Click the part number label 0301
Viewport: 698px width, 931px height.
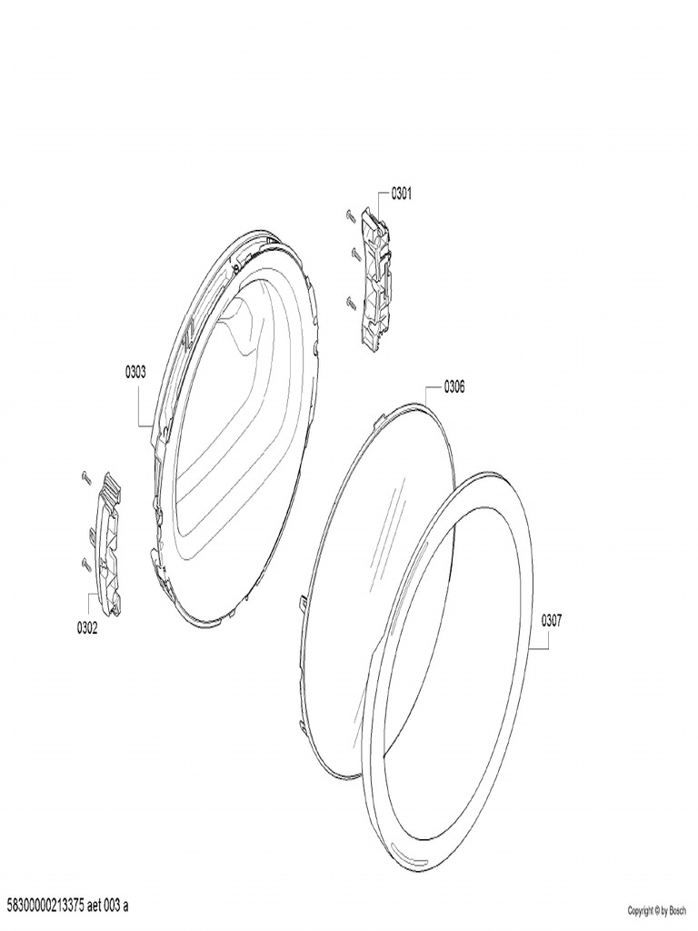pos(401,194)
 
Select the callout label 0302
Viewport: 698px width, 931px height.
pos(87,628)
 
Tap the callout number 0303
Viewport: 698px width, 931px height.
pos(135,372)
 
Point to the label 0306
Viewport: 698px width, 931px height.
pos(454,387)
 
